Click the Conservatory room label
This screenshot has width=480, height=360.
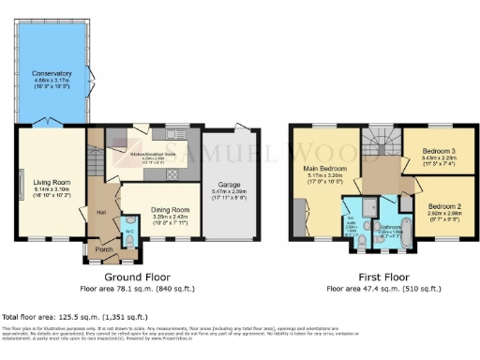pyautogui.click(x=51, y=73)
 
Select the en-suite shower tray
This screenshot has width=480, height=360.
pyautogui.click(x=373, y=206)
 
